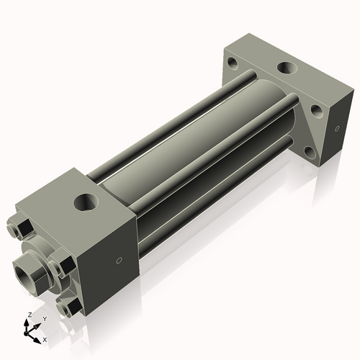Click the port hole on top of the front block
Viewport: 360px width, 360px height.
pyautogui.click(x=86, y=202)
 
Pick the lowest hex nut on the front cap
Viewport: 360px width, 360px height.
pyautogui.click(x=71, y=308)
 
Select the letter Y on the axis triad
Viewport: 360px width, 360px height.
pyautogui.click(x=44, y=318)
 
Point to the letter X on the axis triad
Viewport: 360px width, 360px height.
pyautogui.click(x=45, y=338)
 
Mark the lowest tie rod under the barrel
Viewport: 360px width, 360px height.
pyautogui.click(x=216, y=205)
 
